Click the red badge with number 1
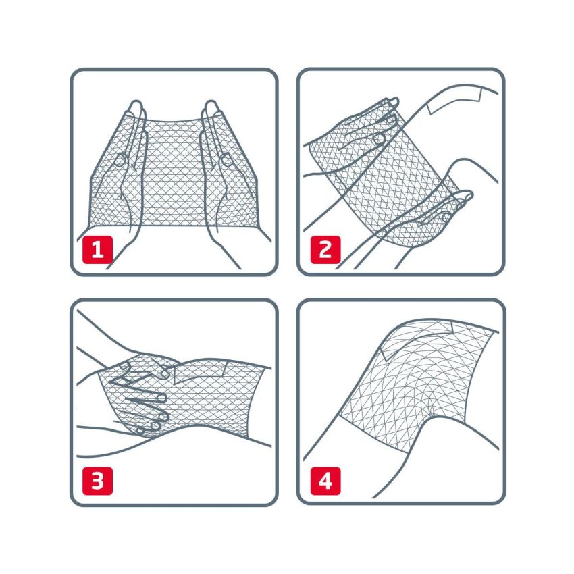click(97, 251)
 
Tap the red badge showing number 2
click(325, 251)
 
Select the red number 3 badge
click(97, 481)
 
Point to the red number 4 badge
click(325, 481)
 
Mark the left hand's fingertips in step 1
click(136, 108)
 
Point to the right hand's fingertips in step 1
click(211, 108)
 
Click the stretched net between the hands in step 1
click(174, 169)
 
